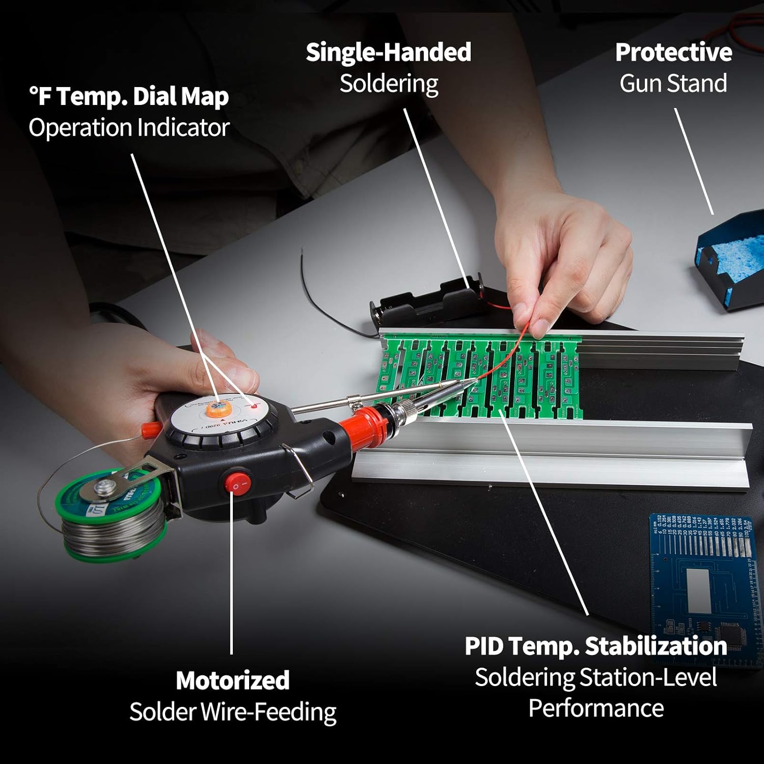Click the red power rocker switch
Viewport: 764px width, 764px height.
coord(236,481)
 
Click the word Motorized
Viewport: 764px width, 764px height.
coord(233,680)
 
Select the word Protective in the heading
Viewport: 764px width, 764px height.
coord(673,52)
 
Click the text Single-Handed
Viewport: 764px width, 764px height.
coord(388,52)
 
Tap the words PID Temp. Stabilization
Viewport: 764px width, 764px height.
coord(595,646)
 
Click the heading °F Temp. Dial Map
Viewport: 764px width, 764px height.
coord(129,96)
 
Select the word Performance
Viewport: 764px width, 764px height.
coord(596,708)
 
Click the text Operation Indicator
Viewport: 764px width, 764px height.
coord(129,127)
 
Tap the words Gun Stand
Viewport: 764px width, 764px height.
coord(673,84)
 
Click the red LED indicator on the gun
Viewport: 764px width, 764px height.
coord(253,406)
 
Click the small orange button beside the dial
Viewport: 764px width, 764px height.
coord(148,430)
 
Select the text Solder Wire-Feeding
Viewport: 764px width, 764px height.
coord(233,712)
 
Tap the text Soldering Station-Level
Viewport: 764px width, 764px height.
coord(595,677)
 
